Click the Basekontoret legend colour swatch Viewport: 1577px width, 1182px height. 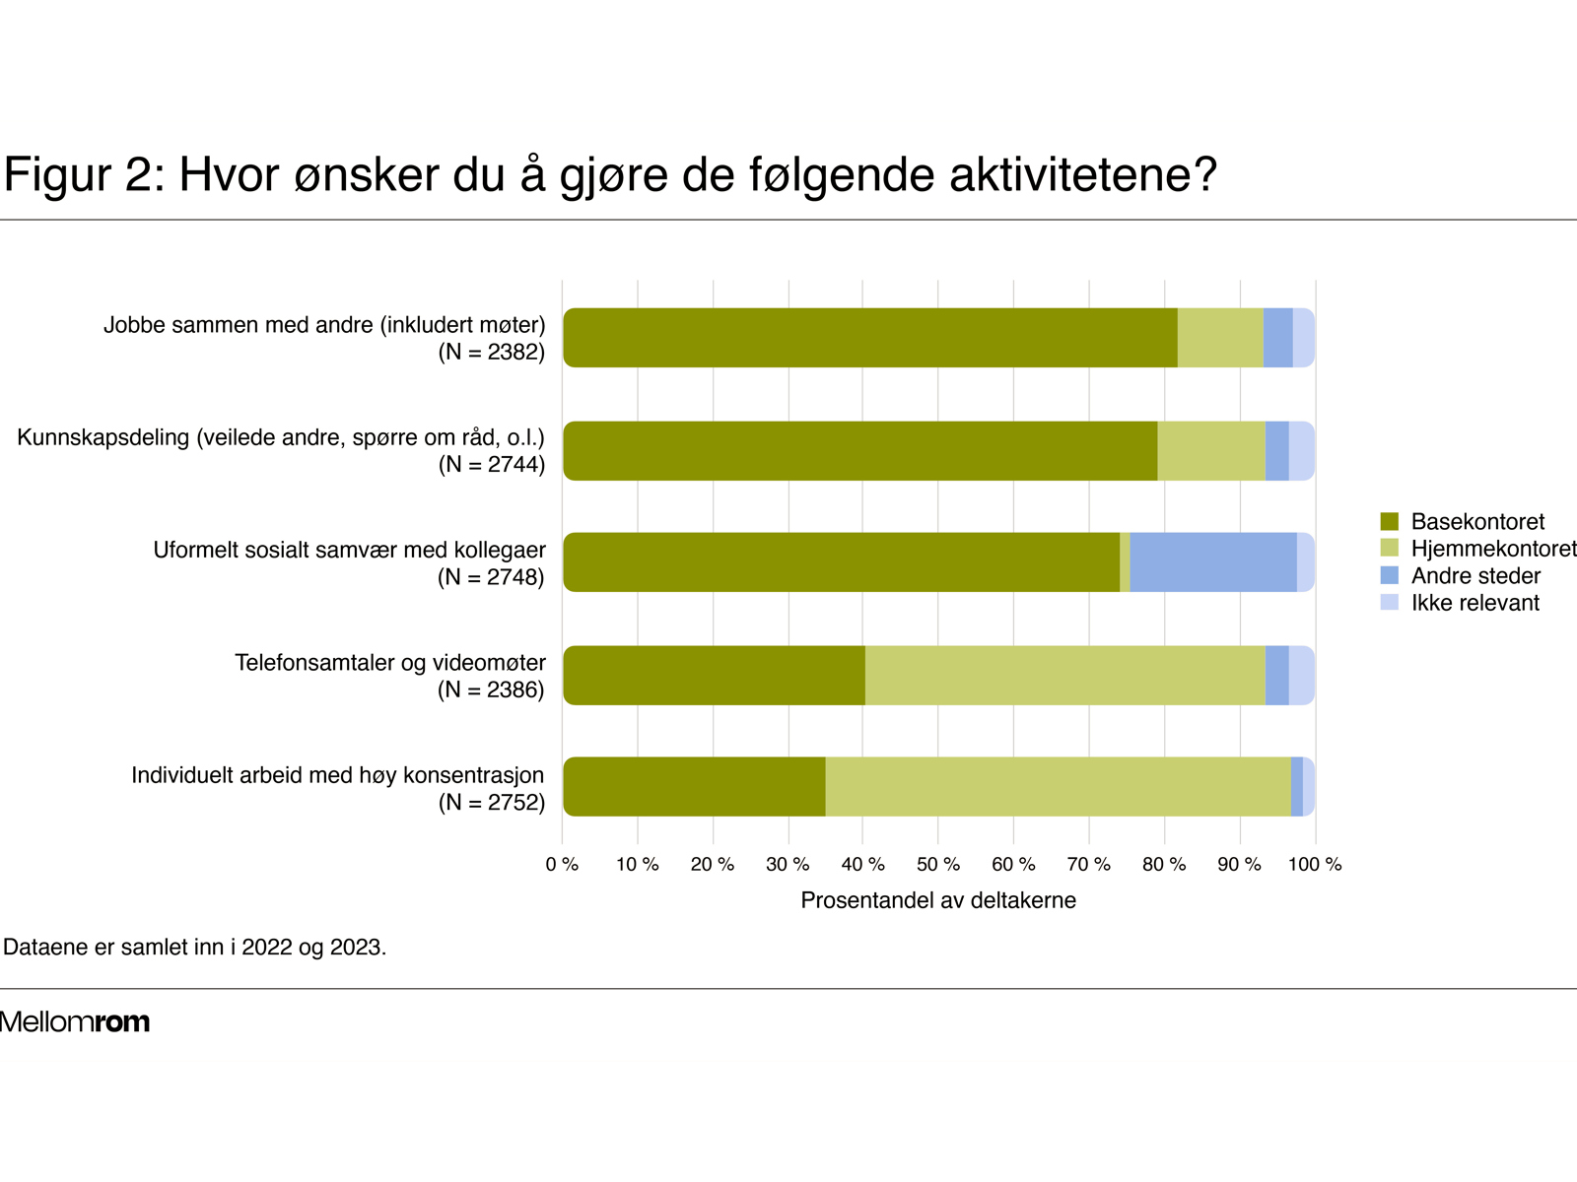click(1390, 521)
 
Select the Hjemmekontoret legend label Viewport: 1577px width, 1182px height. click(1492, 549)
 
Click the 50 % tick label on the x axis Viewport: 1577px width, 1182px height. click(937, 865)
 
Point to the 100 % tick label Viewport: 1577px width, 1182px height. click(1314, 865)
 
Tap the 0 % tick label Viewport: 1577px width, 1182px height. click(562, 865)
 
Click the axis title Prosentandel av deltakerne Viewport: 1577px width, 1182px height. click(937, 900)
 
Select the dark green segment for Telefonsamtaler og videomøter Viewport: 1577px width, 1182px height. click(714, 676)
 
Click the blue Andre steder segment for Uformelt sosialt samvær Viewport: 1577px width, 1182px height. click(1212, 562)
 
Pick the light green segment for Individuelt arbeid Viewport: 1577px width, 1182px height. click(1058, 787)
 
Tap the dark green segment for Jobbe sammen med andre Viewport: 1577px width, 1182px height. click(869, 338)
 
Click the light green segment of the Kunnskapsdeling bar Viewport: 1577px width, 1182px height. click(1210, 451)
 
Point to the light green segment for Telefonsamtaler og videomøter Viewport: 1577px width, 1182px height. click(1064, 676)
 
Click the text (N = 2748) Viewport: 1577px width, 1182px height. click(491, 577)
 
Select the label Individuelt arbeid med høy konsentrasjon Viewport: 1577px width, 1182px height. click(338, 775)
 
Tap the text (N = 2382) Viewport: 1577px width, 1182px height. click(491, 352)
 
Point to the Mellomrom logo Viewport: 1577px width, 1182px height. click(75, 1021)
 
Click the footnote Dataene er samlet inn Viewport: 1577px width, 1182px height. click(195, 948)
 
